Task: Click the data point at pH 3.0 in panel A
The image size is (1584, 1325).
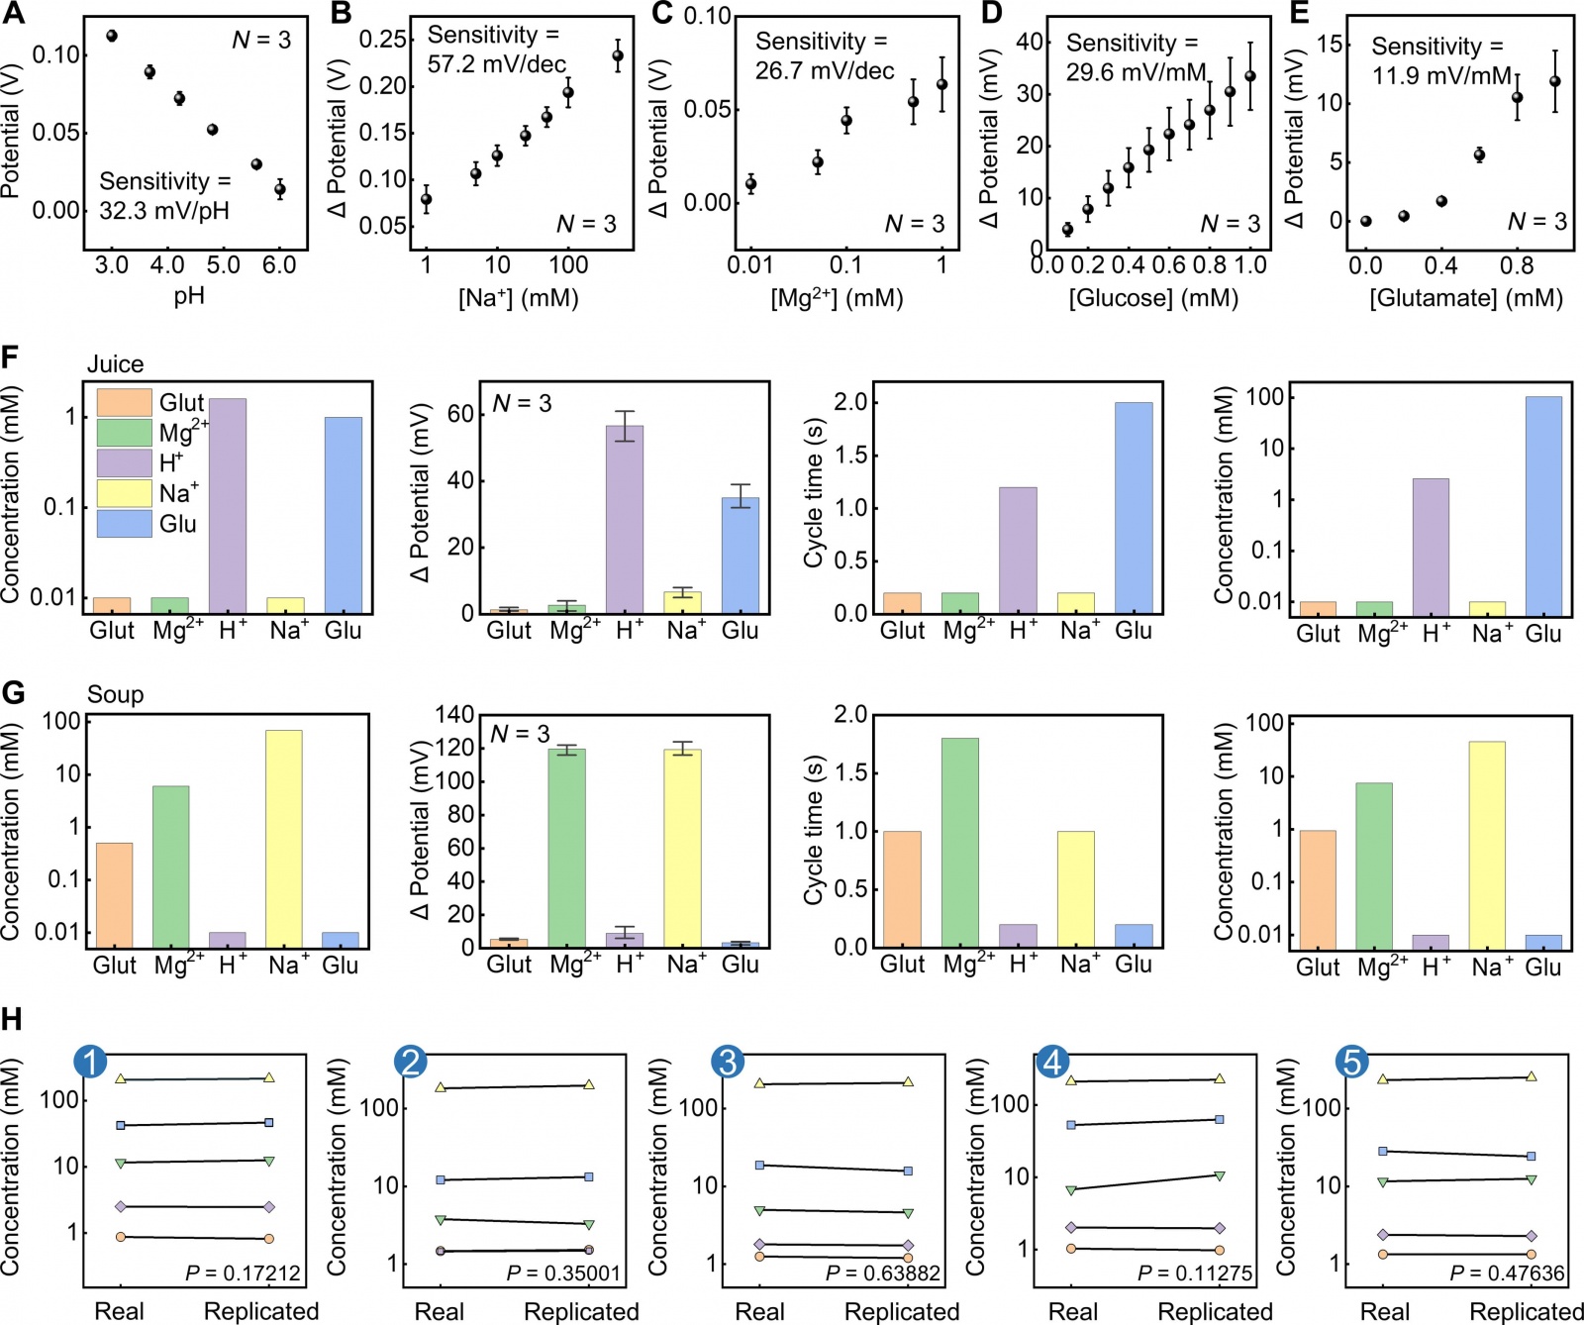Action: (x=112, y=36)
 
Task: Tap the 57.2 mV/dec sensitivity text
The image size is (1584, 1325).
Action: (x=496, y=64)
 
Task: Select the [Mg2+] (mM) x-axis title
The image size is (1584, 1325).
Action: (x=837, y=297)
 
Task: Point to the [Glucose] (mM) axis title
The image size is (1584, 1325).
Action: (x=1153, y=297)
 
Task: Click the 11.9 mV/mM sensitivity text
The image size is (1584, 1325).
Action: (x=1441, y=75)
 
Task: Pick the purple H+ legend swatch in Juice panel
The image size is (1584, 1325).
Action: (x=124, y=462)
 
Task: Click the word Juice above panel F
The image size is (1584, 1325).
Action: (x=115, y=364)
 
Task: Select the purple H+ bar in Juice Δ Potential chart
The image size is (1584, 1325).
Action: (x=625, y=519)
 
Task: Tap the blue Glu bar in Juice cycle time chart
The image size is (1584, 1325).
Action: (x=1134, y=507)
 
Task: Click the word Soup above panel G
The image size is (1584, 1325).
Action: (x=115, y=694)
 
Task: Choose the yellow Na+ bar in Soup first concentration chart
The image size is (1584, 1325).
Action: (x=284, y=838)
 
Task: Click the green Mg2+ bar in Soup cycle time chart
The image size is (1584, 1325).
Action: (x=960, y=842)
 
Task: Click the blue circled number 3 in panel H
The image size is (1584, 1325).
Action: (x=728, y=1062)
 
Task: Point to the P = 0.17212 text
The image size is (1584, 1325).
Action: (x=244, y=1273)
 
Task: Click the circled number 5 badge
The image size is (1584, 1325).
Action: (x=1351, y=1062)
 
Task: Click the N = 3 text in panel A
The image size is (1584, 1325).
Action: (x=261, y=40)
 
